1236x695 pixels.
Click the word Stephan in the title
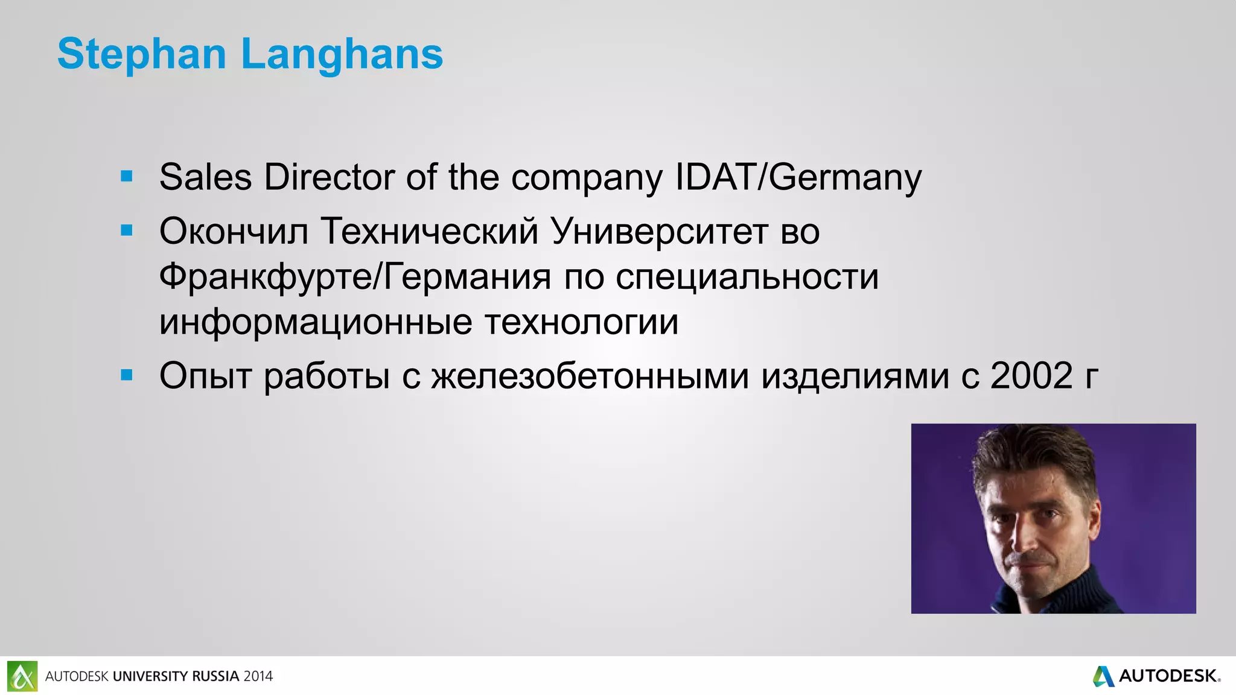(x=142, y=54)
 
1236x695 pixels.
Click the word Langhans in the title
(x=342, y=54)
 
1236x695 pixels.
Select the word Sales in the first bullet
(x=205, y=177)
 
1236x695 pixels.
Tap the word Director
(x=329, y=177)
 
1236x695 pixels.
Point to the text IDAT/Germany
(x=798, y=177)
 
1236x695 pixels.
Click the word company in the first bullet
(x=587, y=179)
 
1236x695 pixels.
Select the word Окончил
(x=234, y=231)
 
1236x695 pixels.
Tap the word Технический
(x=429, y=231)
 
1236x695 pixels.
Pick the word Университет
(x=659, y=231)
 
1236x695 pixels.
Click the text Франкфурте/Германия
(x=355, y=277)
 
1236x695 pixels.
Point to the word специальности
(x=747, y=277)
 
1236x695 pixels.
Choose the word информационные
(x=316, y=322)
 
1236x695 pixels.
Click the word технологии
(x=582, y=322)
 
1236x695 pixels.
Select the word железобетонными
(x=590, y=376)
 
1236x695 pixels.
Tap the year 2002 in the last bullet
(x=1031, y=375)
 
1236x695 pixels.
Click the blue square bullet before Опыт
(x=127, y=375)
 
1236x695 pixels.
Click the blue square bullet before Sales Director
(x=127, y=176)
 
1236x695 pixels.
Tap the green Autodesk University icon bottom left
(x=22, y=676)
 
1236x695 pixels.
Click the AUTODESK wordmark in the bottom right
(x=1168, y=676)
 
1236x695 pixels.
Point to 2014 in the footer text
(x=258, y=676)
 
